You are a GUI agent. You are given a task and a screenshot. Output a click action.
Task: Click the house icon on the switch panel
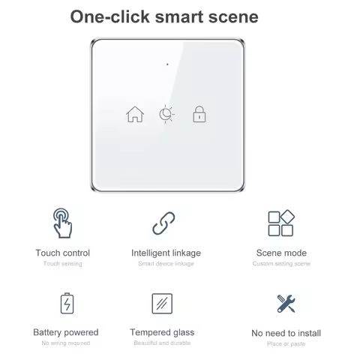[x=135, y=114]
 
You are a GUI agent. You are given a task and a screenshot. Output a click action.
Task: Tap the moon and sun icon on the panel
[x=166, y=114]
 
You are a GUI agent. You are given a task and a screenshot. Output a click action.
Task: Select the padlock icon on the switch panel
[x=199, y=114]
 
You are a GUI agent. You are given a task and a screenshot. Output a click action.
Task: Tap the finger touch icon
[x=62, y=223]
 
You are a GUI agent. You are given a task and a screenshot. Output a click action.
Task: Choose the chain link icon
[x=163, y=223]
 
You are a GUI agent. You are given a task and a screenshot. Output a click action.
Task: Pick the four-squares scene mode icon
[x=281, y=223]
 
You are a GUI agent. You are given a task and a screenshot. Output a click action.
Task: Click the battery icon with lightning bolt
[x=66, y=304]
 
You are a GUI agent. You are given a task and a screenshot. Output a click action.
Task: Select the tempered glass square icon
[x=162, y=304]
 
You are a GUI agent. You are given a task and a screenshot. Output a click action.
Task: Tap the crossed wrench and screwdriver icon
[x=286, y=304]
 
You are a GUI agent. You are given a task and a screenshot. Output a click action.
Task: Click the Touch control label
[x=62, y=253]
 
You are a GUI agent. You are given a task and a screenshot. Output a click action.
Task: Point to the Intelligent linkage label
[x=166, y=253]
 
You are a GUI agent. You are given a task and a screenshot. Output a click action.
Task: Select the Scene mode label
[x=281, y=253]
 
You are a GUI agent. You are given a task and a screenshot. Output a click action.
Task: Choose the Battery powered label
[x=66, y=332]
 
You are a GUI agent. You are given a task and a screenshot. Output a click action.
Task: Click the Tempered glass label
[x=162, y=332]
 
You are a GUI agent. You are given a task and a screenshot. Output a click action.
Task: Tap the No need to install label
[x=286, y=333]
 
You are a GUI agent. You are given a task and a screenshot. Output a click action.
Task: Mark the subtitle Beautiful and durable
[x=162, y=343]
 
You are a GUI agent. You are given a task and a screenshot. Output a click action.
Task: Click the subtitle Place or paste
[x=286, y=343]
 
